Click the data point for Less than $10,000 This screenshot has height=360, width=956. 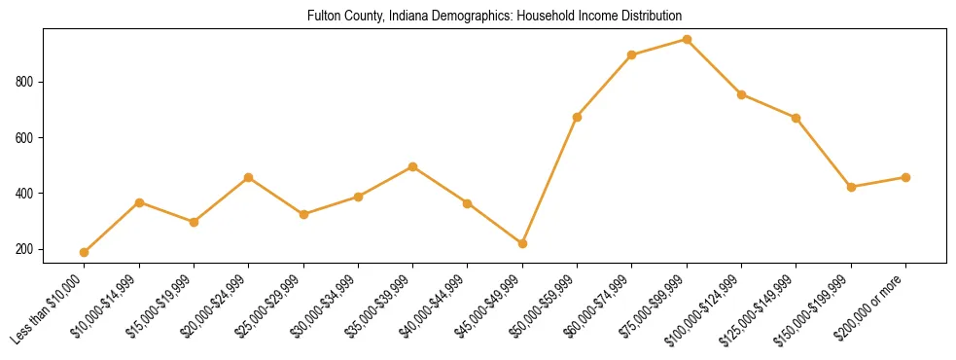[85, 252]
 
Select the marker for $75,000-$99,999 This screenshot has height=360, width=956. [687, 40]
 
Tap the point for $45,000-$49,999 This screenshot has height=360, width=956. [522, 243]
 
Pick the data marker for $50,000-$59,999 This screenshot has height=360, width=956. [578, 117]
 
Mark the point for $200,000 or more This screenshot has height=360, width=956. [905, 177]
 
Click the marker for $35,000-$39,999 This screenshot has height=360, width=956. [413, 166]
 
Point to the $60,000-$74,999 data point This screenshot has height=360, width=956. [632, 54]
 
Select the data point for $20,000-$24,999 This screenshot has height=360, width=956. [249, 177]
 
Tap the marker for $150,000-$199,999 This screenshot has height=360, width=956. [851, 187]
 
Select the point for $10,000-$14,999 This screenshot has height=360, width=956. [139, 202]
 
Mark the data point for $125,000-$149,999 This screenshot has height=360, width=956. [796, 118]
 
